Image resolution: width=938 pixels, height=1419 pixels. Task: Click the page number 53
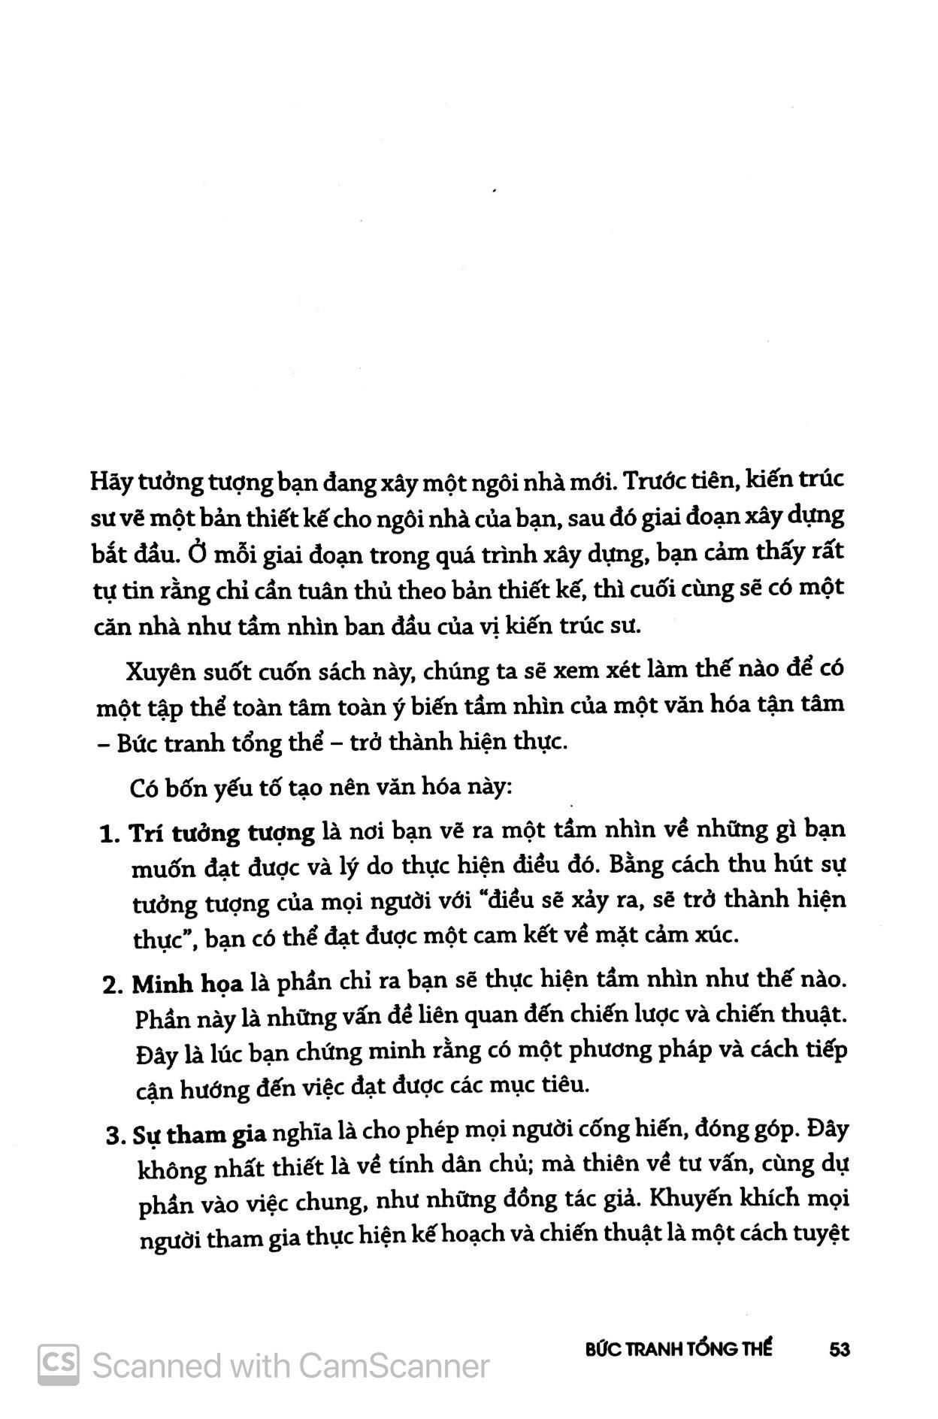click(839, 1348)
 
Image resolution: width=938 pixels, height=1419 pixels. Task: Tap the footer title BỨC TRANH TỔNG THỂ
click(679, 1348)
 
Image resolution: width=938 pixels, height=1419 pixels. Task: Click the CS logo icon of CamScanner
click(59, 1364)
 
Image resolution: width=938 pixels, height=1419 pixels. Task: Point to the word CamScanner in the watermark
click(394, 1365)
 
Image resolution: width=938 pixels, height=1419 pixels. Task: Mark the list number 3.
click(116, 1135)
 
